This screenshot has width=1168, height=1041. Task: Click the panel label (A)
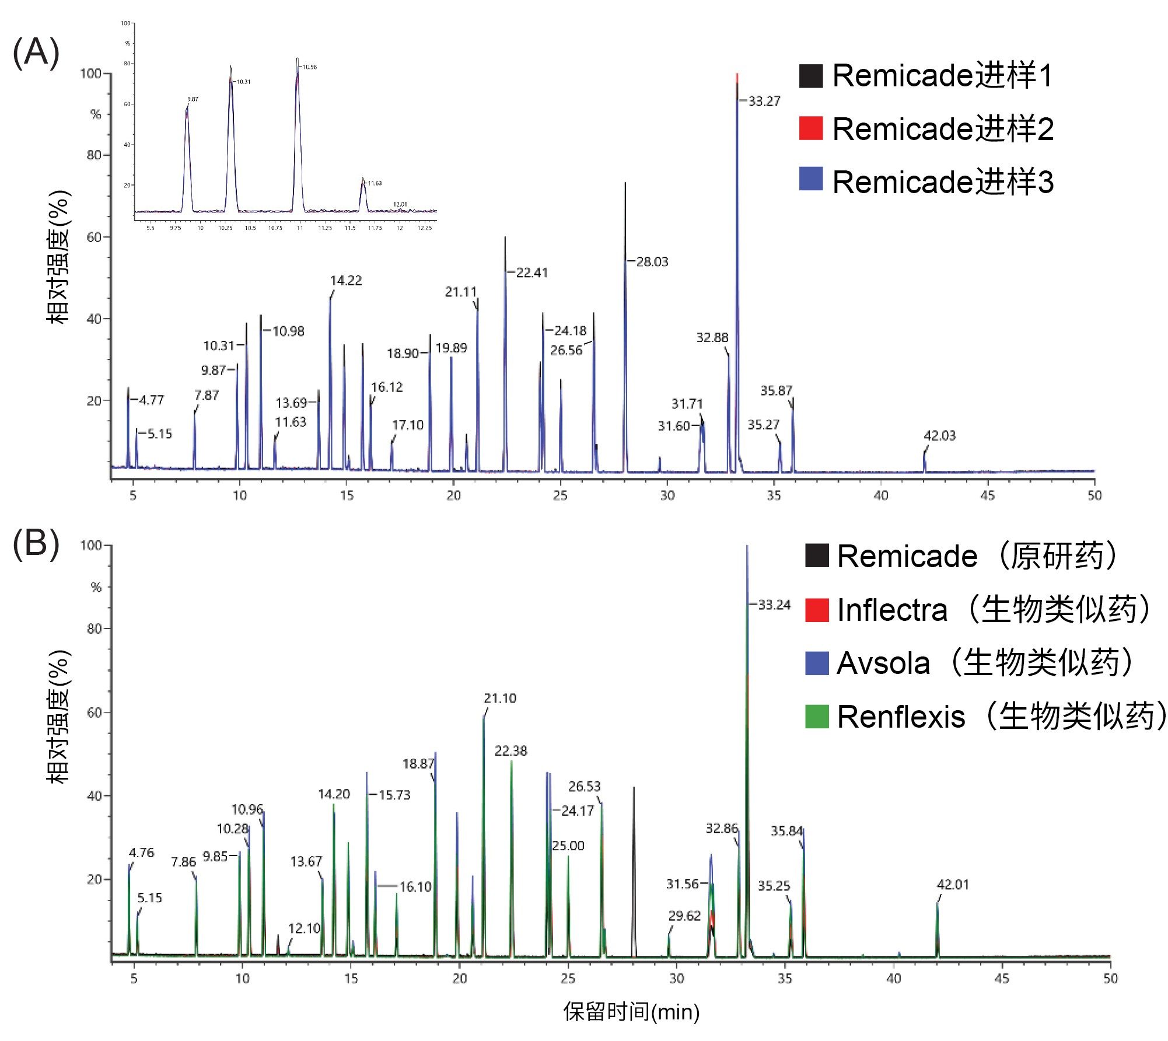[36, 53]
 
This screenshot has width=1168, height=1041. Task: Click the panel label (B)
[36, 544]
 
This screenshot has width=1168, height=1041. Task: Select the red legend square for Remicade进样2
[810, 128]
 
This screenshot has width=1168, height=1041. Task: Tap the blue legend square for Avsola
[816, 663]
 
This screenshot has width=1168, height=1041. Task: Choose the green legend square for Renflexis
[816, 717]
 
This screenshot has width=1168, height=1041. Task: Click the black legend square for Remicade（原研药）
[816, 556]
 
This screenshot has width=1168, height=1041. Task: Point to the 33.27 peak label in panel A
[764, 102]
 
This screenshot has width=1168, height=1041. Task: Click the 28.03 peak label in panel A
[652, 262]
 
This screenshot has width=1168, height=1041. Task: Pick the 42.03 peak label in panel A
[939, 436]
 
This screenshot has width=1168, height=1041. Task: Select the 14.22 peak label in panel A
[346, 281]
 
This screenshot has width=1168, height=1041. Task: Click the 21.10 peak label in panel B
[500, 698]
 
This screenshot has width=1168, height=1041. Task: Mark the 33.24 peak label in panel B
[774, 605]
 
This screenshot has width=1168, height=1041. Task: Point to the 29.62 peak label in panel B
[684, 916]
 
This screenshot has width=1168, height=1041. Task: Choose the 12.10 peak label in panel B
[304, 928]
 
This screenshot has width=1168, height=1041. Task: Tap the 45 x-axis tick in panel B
[1002, 979]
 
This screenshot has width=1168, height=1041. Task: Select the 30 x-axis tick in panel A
[667, 496]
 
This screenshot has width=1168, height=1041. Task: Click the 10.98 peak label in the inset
[310, 67]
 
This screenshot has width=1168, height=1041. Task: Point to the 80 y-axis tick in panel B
[95, 628]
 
